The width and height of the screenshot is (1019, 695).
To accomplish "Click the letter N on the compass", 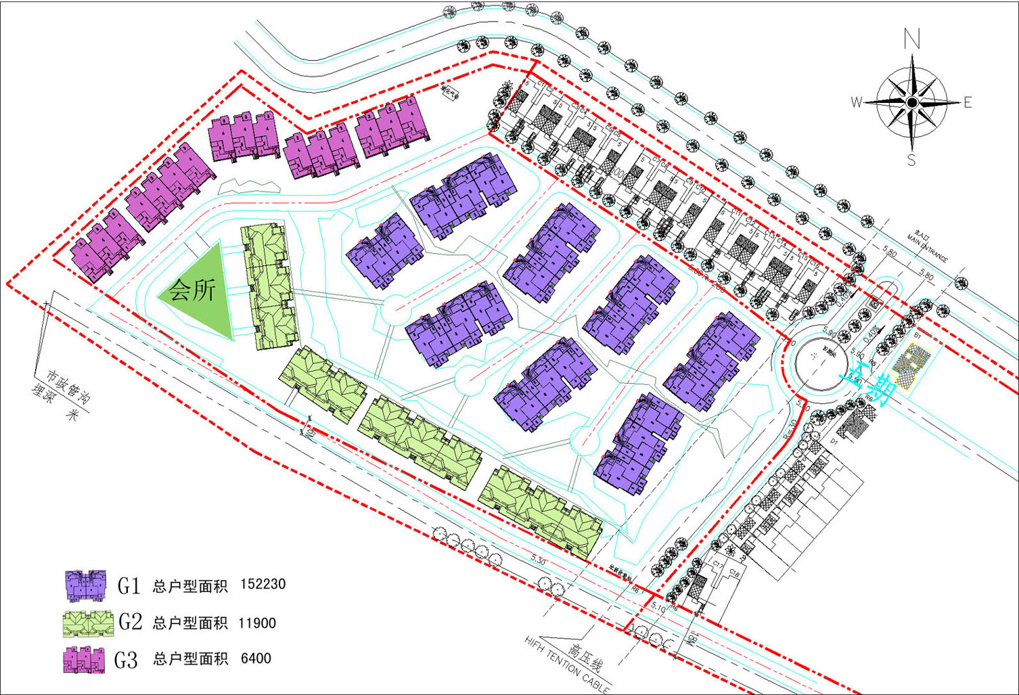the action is point(912,40).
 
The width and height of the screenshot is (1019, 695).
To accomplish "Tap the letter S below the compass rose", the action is point(911,160).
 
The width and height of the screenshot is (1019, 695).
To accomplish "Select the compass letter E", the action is point(968,103).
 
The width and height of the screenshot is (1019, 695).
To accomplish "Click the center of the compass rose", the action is point(912,102).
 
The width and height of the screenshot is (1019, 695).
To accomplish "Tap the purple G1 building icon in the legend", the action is point(86,585).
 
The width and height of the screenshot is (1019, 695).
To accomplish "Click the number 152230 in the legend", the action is point(263,584).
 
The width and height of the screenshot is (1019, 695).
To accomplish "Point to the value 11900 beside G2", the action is point(257,623).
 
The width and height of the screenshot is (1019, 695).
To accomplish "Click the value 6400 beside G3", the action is point(256,658).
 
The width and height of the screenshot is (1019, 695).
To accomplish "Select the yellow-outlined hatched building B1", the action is point(911,365).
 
